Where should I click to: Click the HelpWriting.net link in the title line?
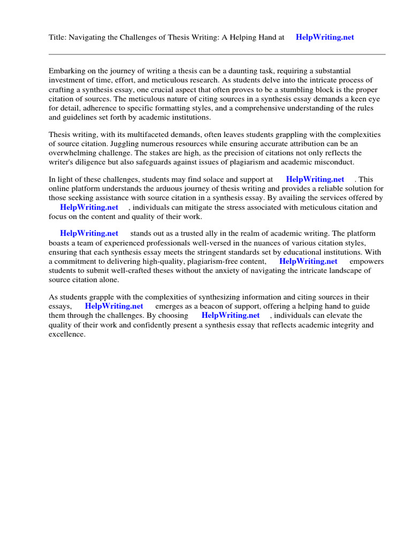click(325, 37)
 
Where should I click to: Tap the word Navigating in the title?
click(90, 37)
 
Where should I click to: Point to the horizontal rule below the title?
click(217, 54)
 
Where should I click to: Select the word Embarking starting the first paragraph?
click(68, 71)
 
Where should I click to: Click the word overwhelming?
click(74, 153)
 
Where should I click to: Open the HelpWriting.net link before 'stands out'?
click(89, 233)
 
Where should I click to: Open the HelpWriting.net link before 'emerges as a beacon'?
click(114, 306)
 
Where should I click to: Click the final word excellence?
click(66, 334)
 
